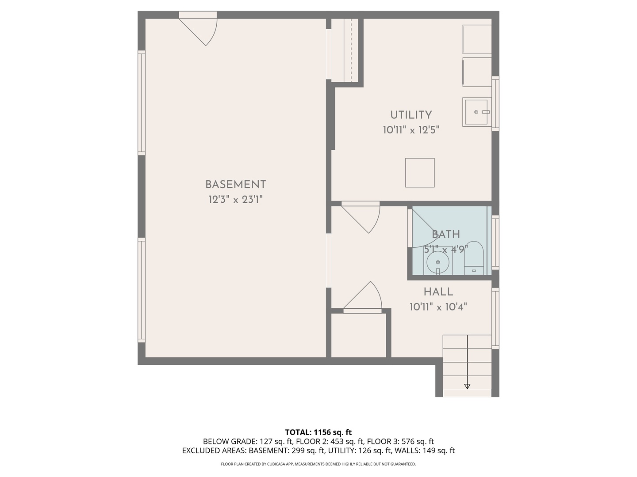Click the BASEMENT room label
pos(235,185)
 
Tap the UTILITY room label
pos(411,115)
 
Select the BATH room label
pos(446,235)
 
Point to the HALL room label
pos(438,292)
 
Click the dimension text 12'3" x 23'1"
pos(235,200)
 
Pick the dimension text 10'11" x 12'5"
pos(411,130)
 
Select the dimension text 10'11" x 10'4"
pos(438,307)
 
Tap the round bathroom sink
pos(438,263)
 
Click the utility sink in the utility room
pos(476,112)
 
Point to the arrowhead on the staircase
pos(467,386)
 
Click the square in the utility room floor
pos(420,173)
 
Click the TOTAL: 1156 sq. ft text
pos(318,432)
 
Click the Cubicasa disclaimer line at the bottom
pos(318,464)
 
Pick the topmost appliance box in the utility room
pos(477,39)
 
